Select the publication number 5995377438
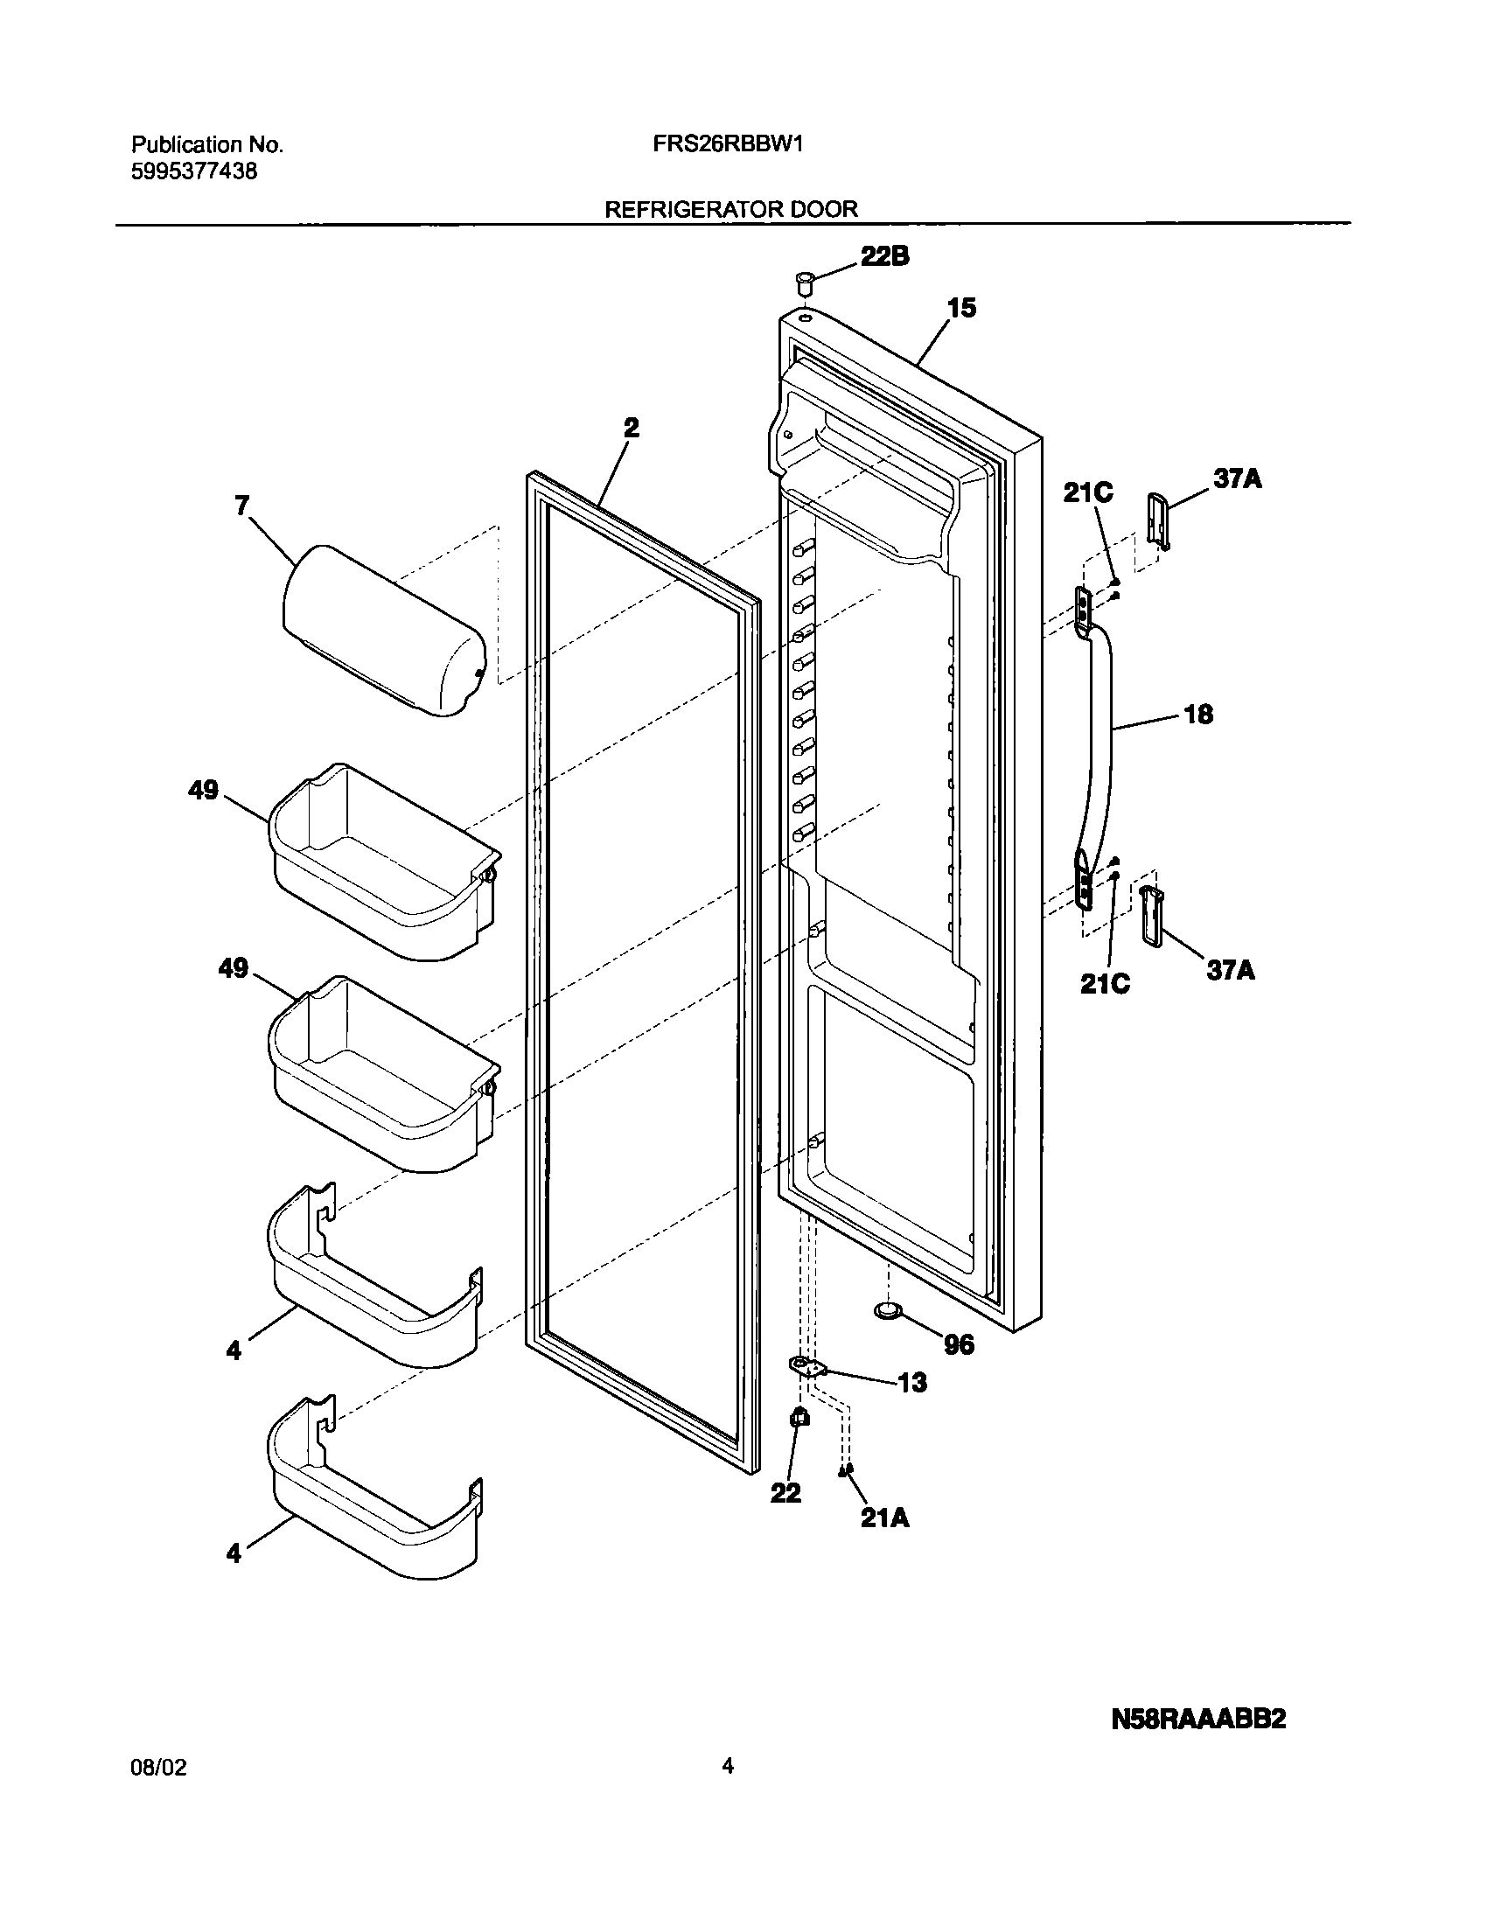tap(194, 171)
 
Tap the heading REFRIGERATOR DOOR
tap(730, 209)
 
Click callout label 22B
tap(884, 256)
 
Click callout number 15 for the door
tap(961, 309)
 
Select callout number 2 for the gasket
tap(631, 428)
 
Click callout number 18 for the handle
tap(1198, 715)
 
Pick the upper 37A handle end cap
tap(1157, 522)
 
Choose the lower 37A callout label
tap(1231, 970)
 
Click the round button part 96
tap(890, 1334)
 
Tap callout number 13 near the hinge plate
tap(911, 1383)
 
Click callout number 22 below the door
tap(785, 1492)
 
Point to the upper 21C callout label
tap(1088, 493)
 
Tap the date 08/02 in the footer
tap(158, 1768)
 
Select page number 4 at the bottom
tap(727, 1766)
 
